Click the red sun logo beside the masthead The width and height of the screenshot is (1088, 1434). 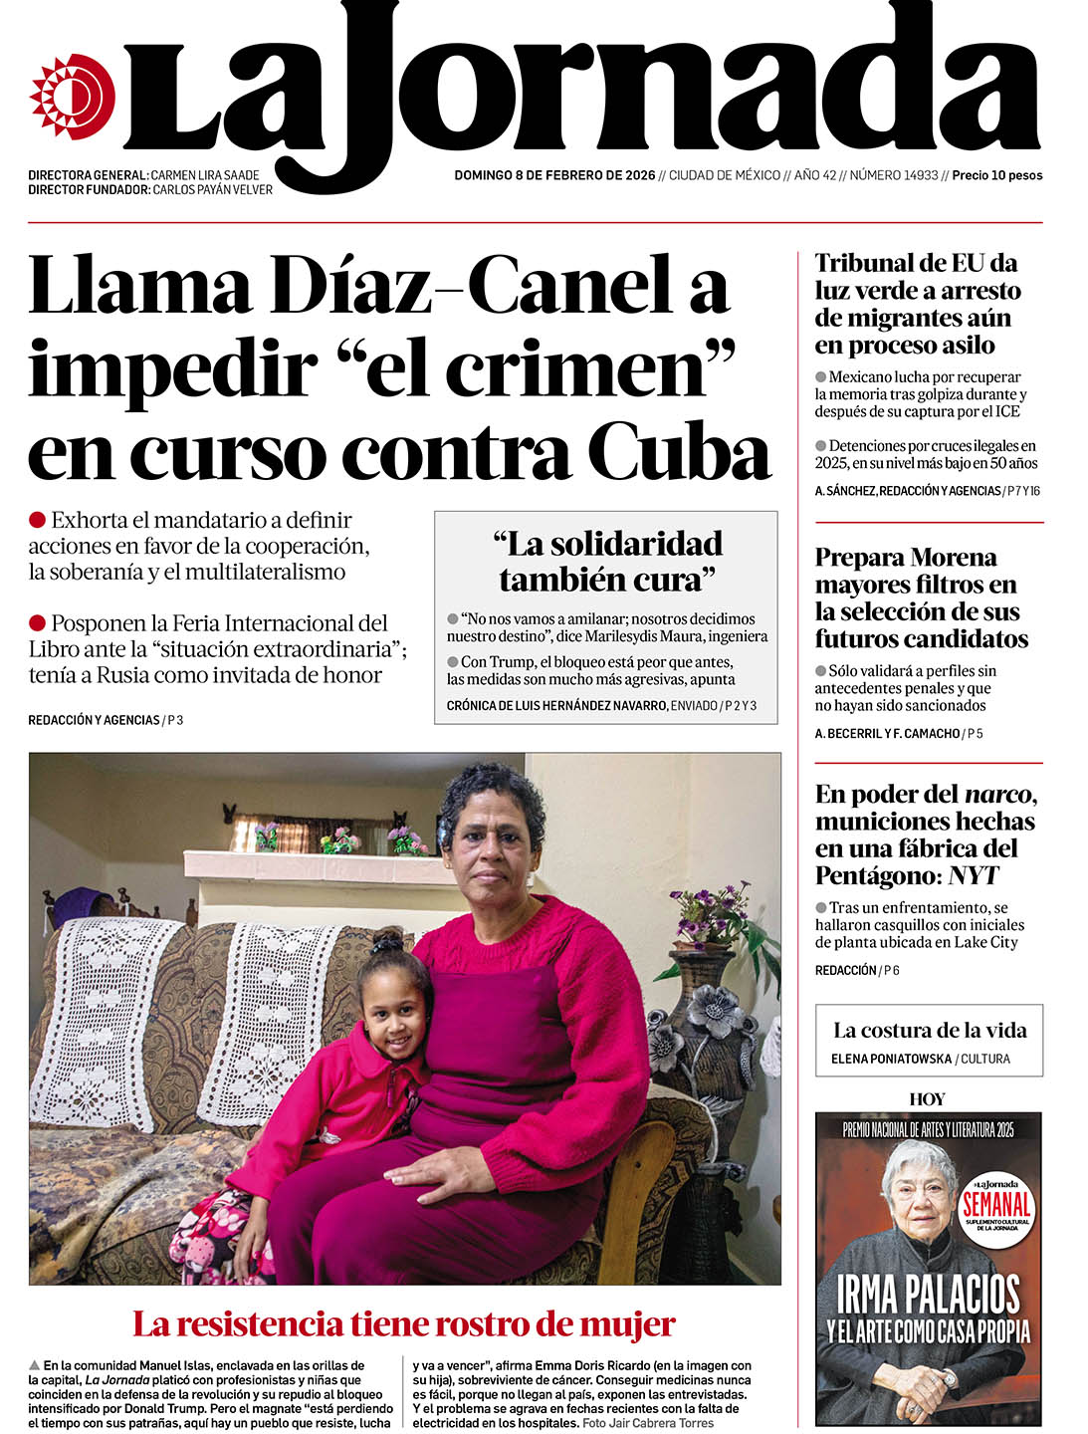(72, 97)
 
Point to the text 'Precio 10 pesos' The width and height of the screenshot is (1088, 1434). (996, 175)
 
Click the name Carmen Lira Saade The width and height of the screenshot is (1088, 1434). (205, 175)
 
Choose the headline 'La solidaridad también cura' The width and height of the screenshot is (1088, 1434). (606, 561)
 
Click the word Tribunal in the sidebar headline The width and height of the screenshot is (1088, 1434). (866, 263)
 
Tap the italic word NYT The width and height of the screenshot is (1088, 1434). (973, 875)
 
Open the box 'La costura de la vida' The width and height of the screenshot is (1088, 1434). (929, 1040)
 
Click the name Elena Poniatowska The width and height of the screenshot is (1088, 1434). (891, 1059)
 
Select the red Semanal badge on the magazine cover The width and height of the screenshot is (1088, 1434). (996, 1205)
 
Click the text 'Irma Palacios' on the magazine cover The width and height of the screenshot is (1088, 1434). (928, 1295)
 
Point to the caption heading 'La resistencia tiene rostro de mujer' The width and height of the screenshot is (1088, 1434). (403, 1324)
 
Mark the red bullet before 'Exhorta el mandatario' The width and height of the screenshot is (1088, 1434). (38, 520)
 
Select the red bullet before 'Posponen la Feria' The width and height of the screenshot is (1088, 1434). (38, 623)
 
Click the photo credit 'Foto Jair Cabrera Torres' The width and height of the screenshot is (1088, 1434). (648, 1423)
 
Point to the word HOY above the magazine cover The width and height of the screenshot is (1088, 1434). (927, 1099)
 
